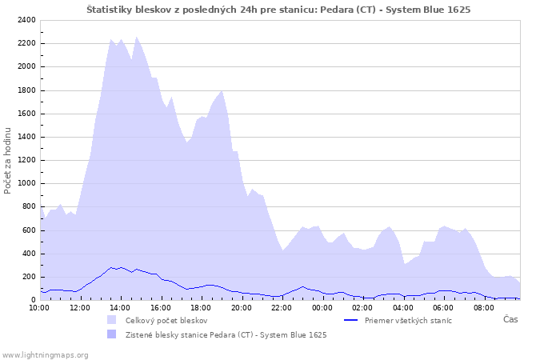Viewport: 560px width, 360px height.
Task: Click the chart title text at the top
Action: [x=278, y=10]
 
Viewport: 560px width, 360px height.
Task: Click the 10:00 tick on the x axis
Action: [x=39, y=307]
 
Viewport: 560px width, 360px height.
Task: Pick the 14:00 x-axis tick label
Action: [x=120, y=307]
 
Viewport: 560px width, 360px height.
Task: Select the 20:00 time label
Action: [x=242, y=307]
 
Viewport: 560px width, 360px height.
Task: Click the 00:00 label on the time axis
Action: [x=322, y=307]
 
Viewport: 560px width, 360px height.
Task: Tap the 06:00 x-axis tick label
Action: [x=443, y=307]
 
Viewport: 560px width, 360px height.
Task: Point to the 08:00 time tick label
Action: [x=484, y=307]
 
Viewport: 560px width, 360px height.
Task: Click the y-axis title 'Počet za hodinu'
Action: [x=8, y=160]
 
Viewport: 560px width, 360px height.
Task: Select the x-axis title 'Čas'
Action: [x=510, y=319]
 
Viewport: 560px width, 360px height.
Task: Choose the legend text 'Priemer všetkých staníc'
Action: [x=408, y=320]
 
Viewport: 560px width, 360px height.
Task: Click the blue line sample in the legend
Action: [x=350, y=320]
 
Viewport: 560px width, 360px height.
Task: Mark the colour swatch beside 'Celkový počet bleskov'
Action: [x=111, y=320]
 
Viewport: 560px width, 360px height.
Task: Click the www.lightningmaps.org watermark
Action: [x=45, y=354]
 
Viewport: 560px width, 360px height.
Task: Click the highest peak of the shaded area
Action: [x=136, y=37]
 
